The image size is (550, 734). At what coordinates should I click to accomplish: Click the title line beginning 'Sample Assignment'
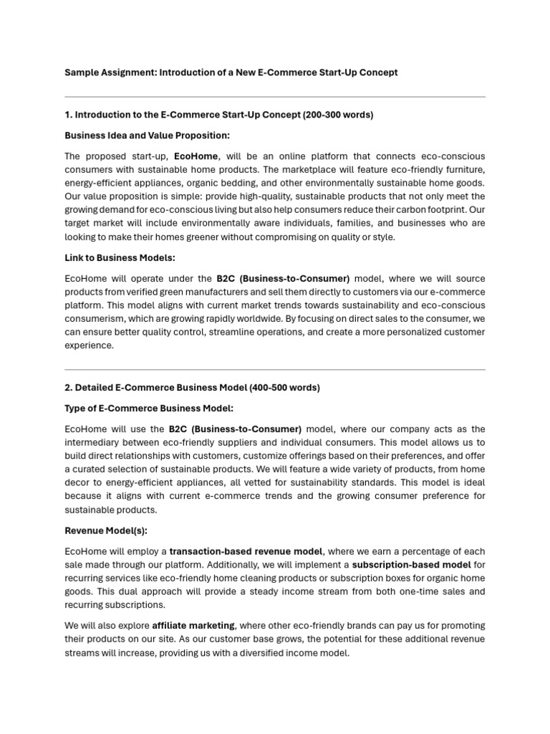pos(231,72)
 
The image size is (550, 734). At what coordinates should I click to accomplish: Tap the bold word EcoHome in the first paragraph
pos(196,156)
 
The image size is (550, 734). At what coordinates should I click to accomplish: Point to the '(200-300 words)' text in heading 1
pos(338,115)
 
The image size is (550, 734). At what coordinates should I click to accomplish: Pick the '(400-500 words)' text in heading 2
pos(284,388)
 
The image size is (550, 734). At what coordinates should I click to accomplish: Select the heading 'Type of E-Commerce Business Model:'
pos(148,408)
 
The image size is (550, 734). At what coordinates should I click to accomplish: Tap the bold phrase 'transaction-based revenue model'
pos(246,551)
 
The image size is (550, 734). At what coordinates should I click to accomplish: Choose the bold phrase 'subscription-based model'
pos(411,565)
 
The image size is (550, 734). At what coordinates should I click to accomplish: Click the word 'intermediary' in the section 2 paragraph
pos(91,442)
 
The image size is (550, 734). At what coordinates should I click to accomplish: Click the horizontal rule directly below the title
pos(274,97)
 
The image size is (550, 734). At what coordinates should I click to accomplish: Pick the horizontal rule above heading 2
pos(274,370)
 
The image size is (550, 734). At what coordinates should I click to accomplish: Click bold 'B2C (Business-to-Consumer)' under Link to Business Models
pos(283,278)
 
